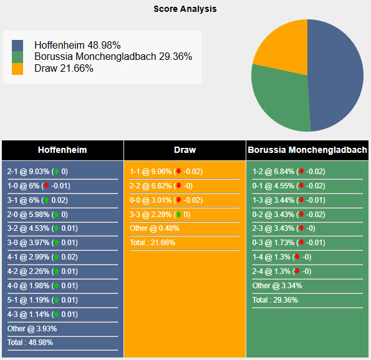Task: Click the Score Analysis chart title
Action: point(185,9)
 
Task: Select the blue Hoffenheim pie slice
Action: point(337,75)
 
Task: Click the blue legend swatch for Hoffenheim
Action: point(17,46)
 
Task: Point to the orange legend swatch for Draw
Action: point(17,69)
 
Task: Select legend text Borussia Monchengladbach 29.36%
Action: point(113,57)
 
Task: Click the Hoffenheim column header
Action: point(62,150)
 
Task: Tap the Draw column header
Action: point(185,150)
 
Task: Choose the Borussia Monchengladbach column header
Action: point(307,150)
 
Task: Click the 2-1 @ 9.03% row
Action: point(37,172)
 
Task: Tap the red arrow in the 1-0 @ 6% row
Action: point(46,186)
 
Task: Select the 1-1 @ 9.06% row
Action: point(166,172)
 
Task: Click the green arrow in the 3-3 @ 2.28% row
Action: point(178,215)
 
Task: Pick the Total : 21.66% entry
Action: point(153,243)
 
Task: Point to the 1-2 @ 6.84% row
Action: point(288,172)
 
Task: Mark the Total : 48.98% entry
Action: point(30,343)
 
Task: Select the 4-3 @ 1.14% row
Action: point(41,314)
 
